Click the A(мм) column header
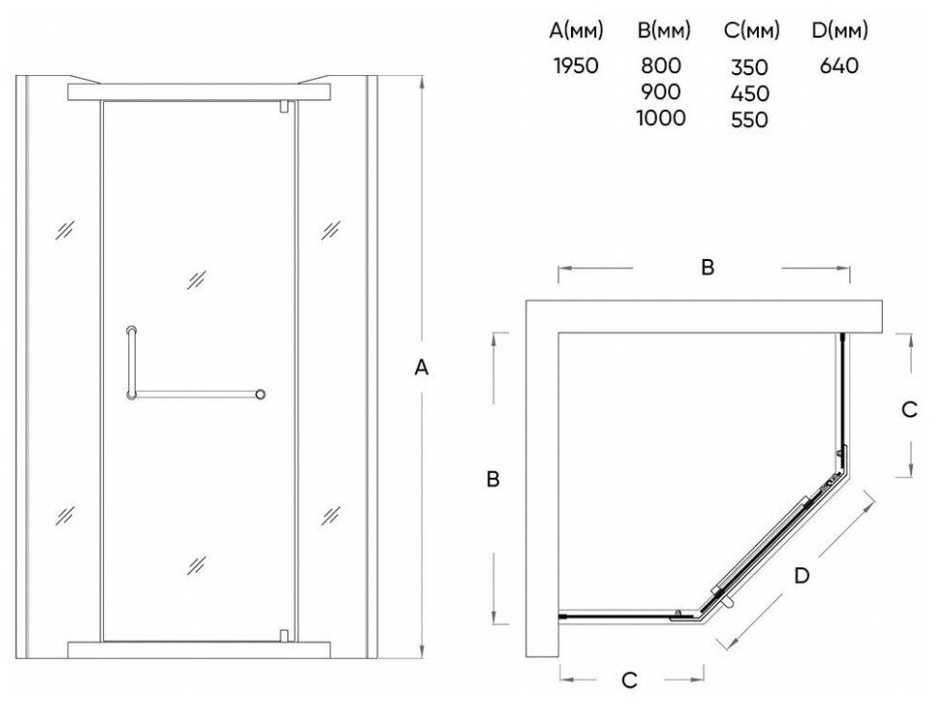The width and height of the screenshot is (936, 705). click(x=577, y=32)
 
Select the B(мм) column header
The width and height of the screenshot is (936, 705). click(x=663, y=32)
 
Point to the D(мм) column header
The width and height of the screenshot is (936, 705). click(x=840, y=32)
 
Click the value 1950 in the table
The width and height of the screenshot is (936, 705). click(x=576, y=66)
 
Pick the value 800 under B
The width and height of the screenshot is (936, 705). click(x=661, y=66)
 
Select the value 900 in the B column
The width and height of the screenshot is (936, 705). click(x=661, y=92)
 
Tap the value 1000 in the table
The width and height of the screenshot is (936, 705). click(x=661, y=118)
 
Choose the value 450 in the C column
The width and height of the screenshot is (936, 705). click(x=748, y=95)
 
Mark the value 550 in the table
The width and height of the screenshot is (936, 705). click(x=748, y=121)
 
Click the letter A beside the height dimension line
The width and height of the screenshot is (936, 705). click(x=420, y=367)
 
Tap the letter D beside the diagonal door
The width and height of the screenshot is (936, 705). click(x=801, y=575)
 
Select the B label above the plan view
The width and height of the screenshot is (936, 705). click(x=707, y=269)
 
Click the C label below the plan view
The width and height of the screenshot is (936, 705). click(x=629, y=681)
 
